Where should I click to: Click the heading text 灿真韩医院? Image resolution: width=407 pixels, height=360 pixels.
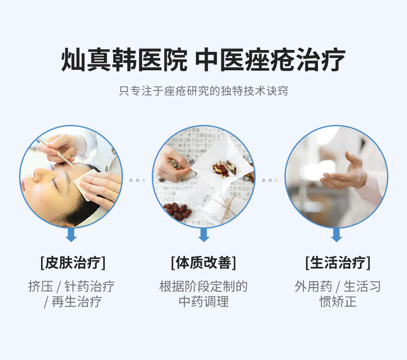tap(124, 60)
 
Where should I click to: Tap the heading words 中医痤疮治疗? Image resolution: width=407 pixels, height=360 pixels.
tap(270, 60)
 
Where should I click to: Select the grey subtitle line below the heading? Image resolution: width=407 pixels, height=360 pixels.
tap(203, 91)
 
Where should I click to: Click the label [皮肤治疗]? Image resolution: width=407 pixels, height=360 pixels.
tap(72, 263)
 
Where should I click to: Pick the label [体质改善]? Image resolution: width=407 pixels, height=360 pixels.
tap(203, 263)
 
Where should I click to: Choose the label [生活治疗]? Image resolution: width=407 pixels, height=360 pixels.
tap(337, 263)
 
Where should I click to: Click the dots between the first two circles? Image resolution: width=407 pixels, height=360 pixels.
tap(137, 180)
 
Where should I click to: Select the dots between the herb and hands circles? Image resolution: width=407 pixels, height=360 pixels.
tap(270, 180)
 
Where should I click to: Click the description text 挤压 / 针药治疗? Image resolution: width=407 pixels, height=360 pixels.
tap(71, 286)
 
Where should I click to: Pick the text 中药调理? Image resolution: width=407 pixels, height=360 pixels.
tap(203, 302)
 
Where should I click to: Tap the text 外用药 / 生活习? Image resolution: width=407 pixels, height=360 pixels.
tap(337, 286)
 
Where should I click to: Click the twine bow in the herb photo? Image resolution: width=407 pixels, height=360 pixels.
tap(228, 208)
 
